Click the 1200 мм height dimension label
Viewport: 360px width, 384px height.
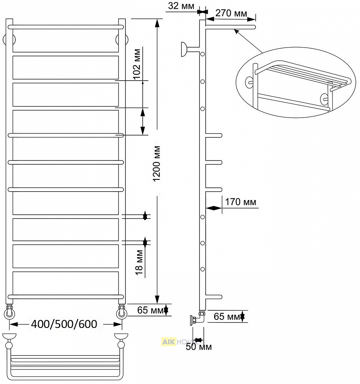coord(156,163)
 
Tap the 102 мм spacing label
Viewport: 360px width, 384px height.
coord(137,64)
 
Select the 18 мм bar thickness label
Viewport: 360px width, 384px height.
coord(139,262)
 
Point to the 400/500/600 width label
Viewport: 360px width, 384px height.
coord(64,324)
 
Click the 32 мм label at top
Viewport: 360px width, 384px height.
coord(181,6)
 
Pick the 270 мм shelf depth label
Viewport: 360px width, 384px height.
coord(231,13)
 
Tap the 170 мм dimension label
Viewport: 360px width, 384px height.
coord(241,202)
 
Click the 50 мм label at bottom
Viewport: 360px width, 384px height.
coord(199,346)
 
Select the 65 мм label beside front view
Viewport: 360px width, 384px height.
coord(150,310)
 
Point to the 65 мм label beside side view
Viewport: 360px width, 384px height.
coord(227,316)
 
